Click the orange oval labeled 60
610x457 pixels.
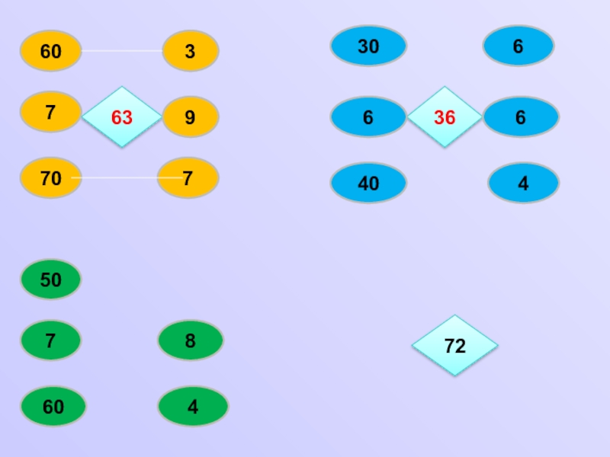(x=50, y=51)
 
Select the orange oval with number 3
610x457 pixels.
(x=190, y=51)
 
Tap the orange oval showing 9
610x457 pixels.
(x=190, y=117)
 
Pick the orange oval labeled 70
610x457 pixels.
(x=50, y=178)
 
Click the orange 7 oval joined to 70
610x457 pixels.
(x=188, y=178)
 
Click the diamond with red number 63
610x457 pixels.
(x=121, y=117)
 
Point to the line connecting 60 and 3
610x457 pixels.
(x=122, y=51)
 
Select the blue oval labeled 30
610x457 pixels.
(x=368, y=46)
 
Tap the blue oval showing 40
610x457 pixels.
(x=368, y=183)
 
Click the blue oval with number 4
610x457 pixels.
(x=523, y=183)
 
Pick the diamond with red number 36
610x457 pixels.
(x=445, y=117)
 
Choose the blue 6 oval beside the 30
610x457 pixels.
(x=518, y=46)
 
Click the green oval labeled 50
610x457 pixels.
(x=50, y=280)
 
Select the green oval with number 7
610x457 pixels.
(x=50, y=340)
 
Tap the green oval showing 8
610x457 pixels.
(x=190, y=340)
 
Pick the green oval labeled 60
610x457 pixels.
(x=53, y=407)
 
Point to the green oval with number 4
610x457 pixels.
(x=192, y=407)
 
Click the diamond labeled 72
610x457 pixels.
(x=454, y=346)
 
